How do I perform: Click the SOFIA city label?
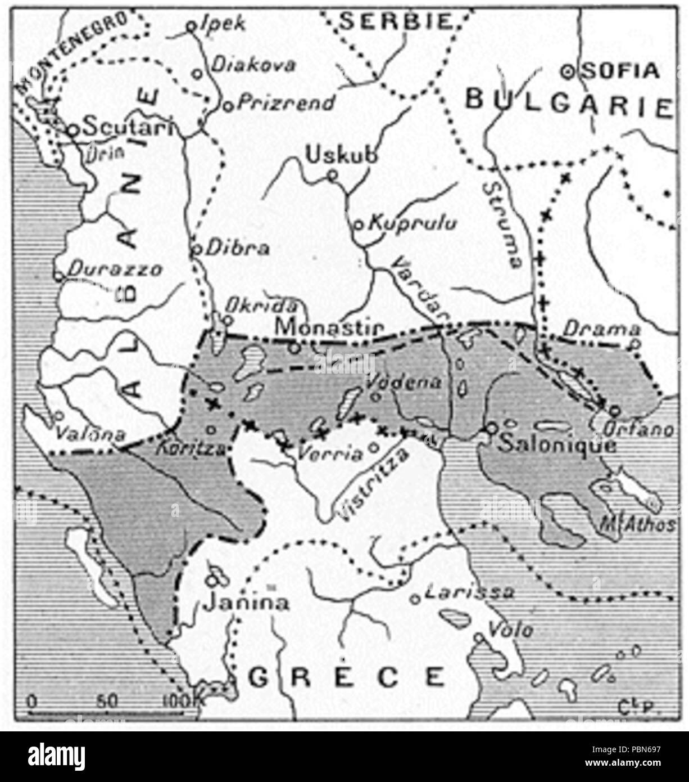(x=620, y=71)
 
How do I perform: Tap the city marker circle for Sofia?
(x=568, y=71)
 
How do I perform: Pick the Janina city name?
(x=247, y=603)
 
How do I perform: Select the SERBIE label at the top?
(x=396, y=21)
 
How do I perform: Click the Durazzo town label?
(x=115, y=269)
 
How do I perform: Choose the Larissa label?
(x=469, y=592)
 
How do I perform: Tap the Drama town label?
(x=602, y=329)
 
